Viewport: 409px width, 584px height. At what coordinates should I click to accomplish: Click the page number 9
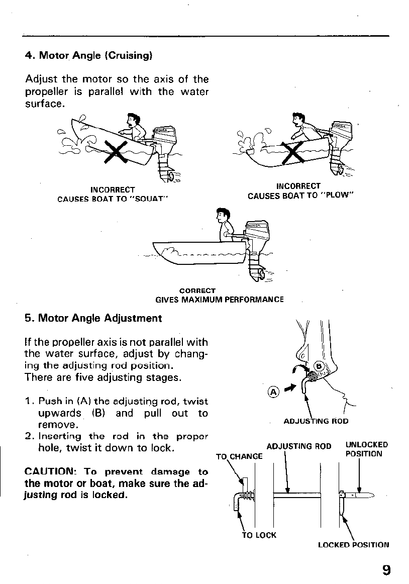pos(386,569)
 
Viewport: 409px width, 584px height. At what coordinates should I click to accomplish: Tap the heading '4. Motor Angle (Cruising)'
pos(88,55)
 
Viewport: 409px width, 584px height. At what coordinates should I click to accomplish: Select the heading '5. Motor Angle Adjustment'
pos(93,318)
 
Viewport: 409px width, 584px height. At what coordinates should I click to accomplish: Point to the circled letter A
pos(273,392)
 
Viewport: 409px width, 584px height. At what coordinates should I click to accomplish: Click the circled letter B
pos(318,366)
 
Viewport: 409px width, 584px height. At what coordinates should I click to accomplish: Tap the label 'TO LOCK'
pos(259,535)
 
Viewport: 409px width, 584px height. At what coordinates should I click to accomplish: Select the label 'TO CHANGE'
pos(239,456)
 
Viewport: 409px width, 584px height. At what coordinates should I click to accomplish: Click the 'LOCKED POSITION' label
pos(353,544)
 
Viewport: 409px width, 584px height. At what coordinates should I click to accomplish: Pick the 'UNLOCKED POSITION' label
pos(366,449)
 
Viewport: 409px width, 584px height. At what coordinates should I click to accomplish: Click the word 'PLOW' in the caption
pos(338,196)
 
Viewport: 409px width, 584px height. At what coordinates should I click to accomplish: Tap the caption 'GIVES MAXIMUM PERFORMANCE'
pos(220,300)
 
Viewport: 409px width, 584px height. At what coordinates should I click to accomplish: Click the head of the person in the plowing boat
pos(296,121)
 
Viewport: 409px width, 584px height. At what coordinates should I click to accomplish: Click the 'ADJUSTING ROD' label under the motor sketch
pos(316,421)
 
